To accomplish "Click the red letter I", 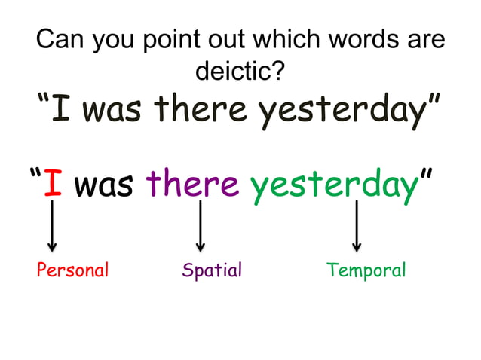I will pyautogui.click(x=52, y=183).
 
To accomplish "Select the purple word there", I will pyautogui.click(x=192, y=183).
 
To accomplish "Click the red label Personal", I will pyautogui.click(x=73, y=270).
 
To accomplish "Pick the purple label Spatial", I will pyautogui.click(x=212, y=270).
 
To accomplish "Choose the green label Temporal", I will pyautogui.click(x=366, y=270).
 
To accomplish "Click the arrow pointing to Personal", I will pyautogui.click(x=51, y=226).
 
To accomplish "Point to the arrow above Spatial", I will pyautogui.click(x=200, y=226).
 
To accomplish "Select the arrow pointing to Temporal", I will pyautogui.click(x=357, y=226).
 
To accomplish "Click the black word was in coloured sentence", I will pyautogui.click(x=104, y=185).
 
